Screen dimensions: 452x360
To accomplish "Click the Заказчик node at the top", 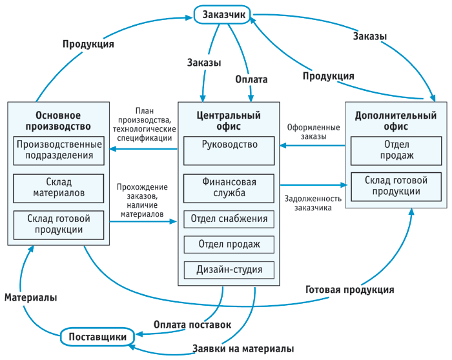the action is (x=222, y=14).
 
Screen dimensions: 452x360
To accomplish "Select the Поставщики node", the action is (x=98, y=336).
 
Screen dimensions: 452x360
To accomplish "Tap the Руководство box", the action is (x=229, y=150).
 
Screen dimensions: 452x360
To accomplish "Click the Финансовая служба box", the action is (x=229, y=188).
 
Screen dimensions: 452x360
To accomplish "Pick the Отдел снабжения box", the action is (x=229, y=219).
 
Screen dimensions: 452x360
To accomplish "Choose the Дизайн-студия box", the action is (x=229, y=270).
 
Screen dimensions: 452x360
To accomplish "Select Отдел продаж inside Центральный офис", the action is (x=229, y=245).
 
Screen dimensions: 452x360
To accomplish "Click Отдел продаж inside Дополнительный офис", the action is (x=396, y=150).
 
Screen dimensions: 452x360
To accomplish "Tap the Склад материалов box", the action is (x=59, y=188).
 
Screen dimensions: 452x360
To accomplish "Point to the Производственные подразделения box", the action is (x=59, y=150).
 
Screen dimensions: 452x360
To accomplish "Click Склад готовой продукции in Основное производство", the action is (x=59, y=225).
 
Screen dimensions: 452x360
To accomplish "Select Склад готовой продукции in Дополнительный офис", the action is (x=396, y=186).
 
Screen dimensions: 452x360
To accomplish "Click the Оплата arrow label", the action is (x=251, y=79).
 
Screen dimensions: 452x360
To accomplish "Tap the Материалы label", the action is (x=30, y=297).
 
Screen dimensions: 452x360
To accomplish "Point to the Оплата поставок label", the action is (x=192, y=325).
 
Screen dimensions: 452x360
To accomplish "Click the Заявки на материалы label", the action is (x=243, y=349).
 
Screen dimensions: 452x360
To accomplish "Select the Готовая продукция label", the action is (x=350, y=290).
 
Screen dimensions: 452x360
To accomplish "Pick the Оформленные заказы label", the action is (x=313, y=132).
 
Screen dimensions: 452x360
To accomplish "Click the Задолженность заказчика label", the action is (x=313, y=203).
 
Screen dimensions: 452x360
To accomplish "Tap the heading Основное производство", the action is (x=58, y=121).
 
